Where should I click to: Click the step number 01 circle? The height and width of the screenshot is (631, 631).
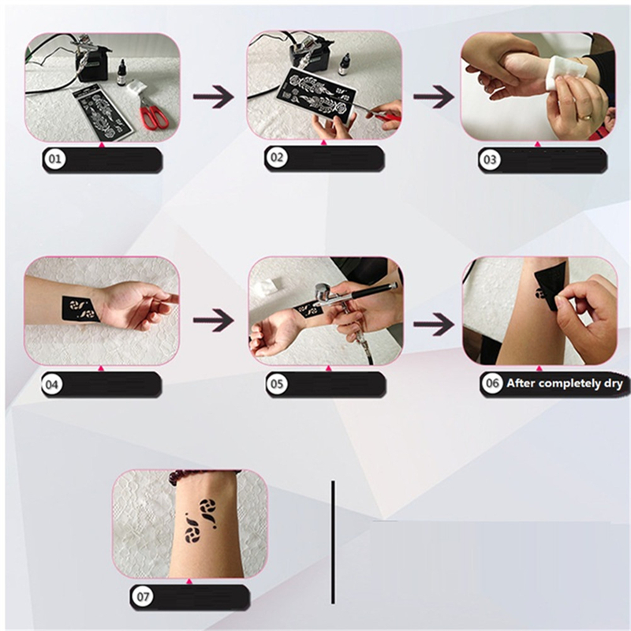(x=55, y=159)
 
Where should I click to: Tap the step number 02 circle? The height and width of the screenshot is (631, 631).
(x=277, y=157)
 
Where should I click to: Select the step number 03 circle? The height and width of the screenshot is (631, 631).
(x=490, y=160)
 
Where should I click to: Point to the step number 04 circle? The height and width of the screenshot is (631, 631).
(x=52, y=384)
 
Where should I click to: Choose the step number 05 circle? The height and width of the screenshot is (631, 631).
(x=277, y=383)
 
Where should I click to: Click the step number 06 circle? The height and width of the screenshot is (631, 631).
(x=492, y=383)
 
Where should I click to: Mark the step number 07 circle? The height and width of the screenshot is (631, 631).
(x=143, y=596)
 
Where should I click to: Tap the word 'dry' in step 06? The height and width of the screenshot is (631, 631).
(x=614, y=384)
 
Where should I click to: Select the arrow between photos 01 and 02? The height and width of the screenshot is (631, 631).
(x=213, y=96)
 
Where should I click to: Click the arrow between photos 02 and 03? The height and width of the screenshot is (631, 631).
(x=434, y=96)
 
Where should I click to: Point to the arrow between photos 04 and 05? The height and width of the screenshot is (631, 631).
(x=213, y=320)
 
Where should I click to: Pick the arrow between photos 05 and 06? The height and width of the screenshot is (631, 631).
(x=434, y=324)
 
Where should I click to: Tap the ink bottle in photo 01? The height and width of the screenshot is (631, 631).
(x=121, y=73)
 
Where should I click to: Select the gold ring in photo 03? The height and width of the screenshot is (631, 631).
(x=584, y=117)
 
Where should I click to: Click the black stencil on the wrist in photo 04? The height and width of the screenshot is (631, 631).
(x=80, y=309)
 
